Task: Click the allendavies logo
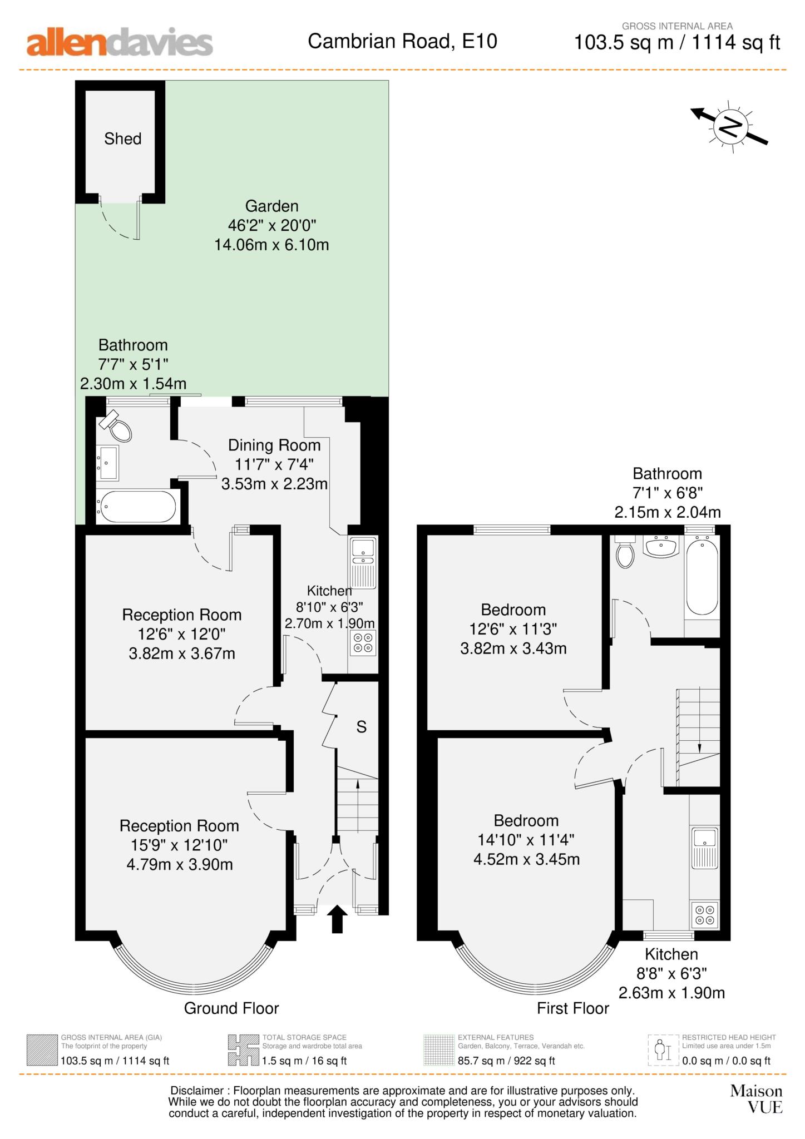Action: point(120,43)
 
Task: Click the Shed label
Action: point(123,138)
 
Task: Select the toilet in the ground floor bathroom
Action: point(117,427)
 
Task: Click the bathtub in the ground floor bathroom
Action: point(136,506)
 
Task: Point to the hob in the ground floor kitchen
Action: point(363,643)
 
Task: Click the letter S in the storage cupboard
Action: point(361,727)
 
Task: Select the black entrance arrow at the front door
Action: point(337,918)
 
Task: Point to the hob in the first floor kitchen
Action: point(704,915)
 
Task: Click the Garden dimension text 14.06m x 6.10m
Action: point(271,245)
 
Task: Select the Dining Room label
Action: point(274,445)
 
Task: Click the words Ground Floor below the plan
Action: point(231,1008)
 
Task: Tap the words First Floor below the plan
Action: point(572,1008)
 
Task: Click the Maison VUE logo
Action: point(756,1099)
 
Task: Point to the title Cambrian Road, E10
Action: point(402,41)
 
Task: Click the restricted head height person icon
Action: point(660,1049)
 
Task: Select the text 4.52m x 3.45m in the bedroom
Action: point(526,859)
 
